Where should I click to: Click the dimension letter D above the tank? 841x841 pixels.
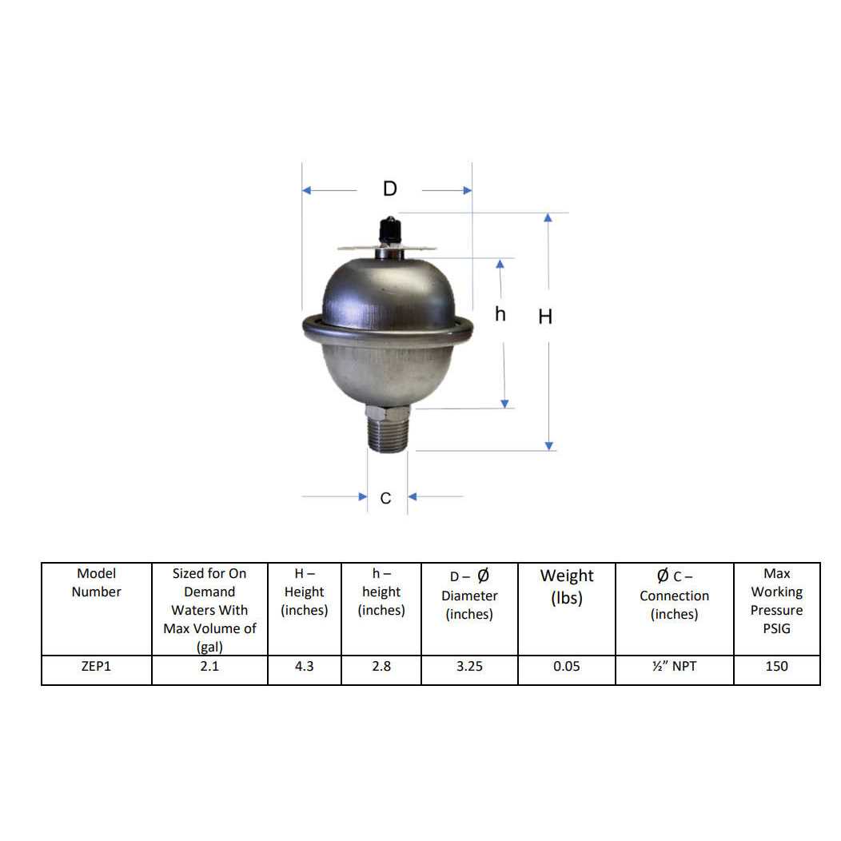pos(389,189)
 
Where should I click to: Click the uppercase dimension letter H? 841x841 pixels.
pos(545,317)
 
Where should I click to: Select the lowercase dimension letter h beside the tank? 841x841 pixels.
pos(500,314)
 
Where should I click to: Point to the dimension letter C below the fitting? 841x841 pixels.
pos(385,498)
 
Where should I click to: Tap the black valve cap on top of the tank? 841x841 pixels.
pos(389,229)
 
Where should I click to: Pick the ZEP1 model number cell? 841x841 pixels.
pos(96,666)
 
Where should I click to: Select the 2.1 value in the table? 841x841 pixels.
pos(209,666)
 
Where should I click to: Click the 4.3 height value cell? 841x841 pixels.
pos(304,666)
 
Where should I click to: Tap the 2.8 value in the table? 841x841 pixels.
pos(381,666)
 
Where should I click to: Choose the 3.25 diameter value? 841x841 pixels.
pos(469,666)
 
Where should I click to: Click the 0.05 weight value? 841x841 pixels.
pos(566,666)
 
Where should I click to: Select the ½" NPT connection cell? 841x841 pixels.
pos(674,666)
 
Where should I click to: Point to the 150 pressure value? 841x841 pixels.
pos(776,666)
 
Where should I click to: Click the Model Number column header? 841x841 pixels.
pos(96,583)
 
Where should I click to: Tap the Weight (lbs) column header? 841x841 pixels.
pos(567,586)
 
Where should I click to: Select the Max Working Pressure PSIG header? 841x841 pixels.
pos(776,600)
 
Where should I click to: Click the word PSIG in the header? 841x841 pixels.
pos(776,628)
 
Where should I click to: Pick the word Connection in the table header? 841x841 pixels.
pos(674,596)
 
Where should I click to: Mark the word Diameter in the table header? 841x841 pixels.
pos(469,596)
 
